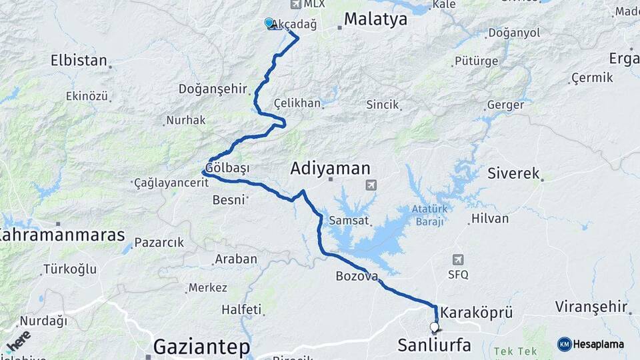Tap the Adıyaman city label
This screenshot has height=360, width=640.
point(330,169)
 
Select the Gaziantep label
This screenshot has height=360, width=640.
point(201,347)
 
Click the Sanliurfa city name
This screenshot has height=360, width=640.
point(434,345)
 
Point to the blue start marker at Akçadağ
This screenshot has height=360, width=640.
point(269,23)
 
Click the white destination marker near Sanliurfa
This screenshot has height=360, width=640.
point(435,327)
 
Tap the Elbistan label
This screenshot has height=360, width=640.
point(79,61)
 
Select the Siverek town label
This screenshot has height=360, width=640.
point(513,173)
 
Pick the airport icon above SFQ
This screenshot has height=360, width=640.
point(458,259)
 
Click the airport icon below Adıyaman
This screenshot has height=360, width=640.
point(371,185)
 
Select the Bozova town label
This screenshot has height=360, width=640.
point(357,275)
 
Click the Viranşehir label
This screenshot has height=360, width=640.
point(592,307)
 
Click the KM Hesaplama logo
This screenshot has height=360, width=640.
point(591,344)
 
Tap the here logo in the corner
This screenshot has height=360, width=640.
point(18,339)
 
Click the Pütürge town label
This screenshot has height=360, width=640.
point(476,61)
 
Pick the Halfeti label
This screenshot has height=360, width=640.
point(241,309)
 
